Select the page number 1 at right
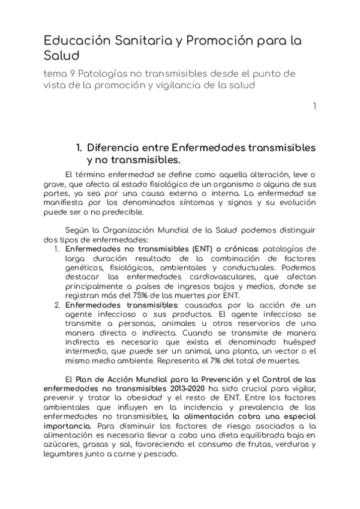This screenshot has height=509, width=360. point(313,107)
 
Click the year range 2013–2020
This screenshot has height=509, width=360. point(182,388)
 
